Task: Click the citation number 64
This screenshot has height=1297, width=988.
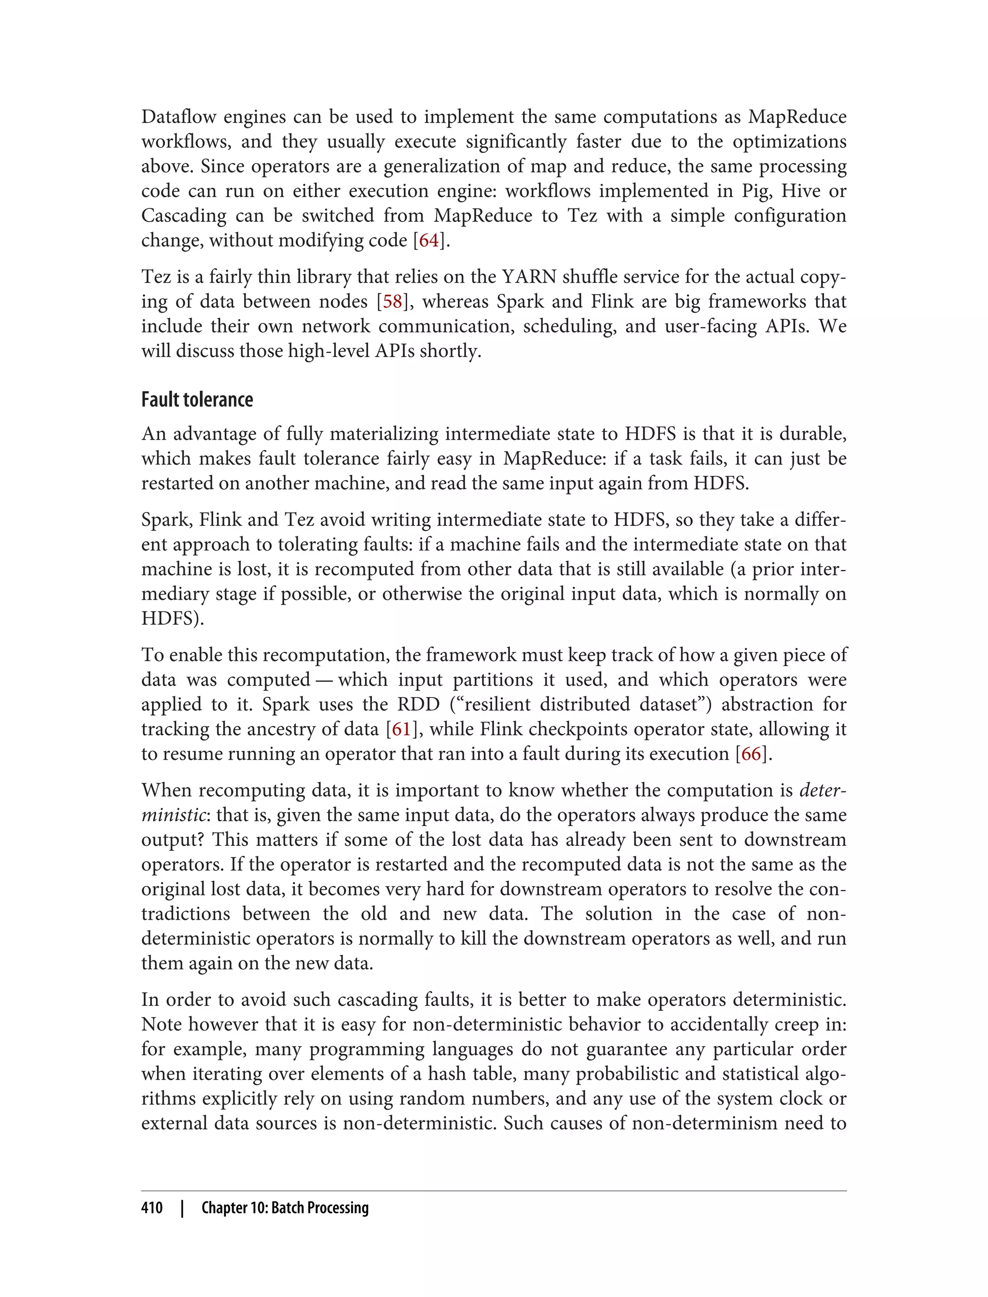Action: click(x=429, y=241)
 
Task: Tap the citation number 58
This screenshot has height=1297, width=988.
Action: click(x=393, y=302)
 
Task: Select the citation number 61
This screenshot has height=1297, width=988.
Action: click(x=401, y=730)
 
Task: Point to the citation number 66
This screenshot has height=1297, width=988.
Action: click(x=751, y=754)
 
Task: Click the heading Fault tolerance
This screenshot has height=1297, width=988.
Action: click(x=197, y=400)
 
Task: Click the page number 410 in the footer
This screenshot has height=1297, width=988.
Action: click(x=152, y=1208)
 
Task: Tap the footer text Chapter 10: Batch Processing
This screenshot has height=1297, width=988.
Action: click(x=285, y=1208)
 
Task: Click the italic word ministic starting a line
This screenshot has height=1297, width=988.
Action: click(x=174, y=815)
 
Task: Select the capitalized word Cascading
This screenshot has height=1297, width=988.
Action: click(x=183, y=216)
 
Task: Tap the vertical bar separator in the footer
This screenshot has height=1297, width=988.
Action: click(x=182, y=1208)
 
